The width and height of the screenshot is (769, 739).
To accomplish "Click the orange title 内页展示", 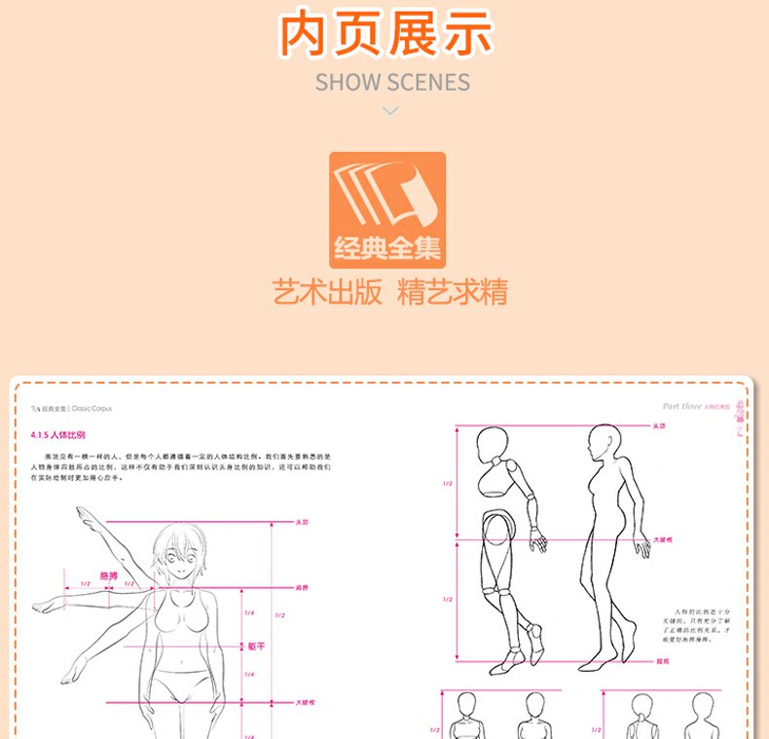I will [x=385, y=34].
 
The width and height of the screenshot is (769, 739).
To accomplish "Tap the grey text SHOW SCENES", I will [x=392, y=82].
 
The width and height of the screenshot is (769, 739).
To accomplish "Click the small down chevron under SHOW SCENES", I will [x=390, y=111].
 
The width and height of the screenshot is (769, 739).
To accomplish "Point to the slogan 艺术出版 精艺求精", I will [x=389, y=292].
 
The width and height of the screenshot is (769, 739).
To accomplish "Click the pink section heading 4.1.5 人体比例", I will [x=59, y=434].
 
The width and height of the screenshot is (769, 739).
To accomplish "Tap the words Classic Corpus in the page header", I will [x=106, y=411].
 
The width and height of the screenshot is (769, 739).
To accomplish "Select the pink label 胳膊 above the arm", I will [x=109, y=575].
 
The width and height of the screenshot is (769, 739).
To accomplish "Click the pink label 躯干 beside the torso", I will [x=256, y=645].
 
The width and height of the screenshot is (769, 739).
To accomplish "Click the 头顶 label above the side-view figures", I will [x=659, y=425].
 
